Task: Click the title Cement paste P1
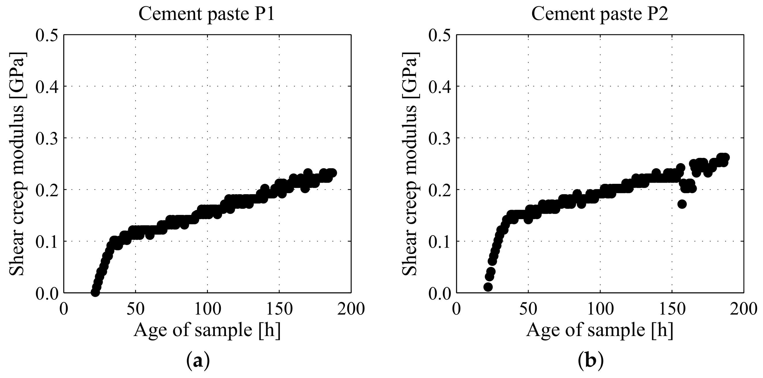click(x=206, y=14)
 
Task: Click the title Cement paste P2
click(x=599, y=14)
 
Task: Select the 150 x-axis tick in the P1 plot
click(x=279, y=309)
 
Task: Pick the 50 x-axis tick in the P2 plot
click(x=528, y=309)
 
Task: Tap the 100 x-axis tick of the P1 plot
click(x=207, y=309)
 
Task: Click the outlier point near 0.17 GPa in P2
click(x=682, y=204)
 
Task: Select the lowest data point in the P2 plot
click(x=488, y=287)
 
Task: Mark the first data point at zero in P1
click(x=95, y=293)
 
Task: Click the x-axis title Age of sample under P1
click(x=207, y=330)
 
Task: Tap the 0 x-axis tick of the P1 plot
click(x=64, y=309)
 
